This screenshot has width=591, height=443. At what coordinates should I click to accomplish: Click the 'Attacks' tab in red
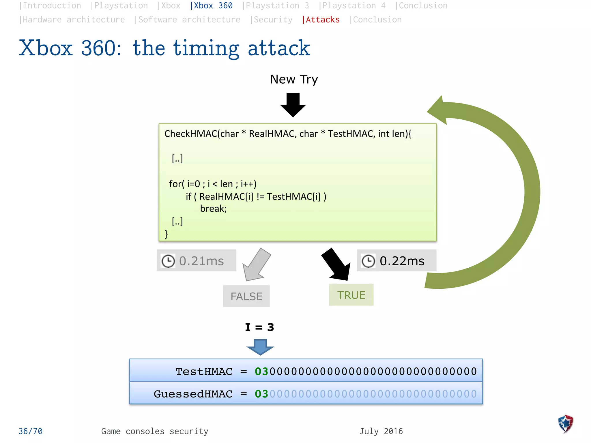321,20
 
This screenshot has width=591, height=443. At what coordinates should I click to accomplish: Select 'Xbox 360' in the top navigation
212,6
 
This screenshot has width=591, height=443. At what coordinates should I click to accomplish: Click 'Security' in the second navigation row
271,20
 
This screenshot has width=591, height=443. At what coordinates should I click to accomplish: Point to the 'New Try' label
294,79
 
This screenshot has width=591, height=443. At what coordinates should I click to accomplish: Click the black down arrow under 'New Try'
293,105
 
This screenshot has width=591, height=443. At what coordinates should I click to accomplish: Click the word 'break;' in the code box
213,209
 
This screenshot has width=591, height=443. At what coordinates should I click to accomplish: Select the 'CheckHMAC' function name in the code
190,134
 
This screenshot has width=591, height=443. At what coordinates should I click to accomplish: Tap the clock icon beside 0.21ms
168,261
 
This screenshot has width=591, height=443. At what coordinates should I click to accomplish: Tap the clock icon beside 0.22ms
368,261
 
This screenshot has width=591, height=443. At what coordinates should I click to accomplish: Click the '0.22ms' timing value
402,261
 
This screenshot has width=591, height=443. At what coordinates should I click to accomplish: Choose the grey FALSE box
246,296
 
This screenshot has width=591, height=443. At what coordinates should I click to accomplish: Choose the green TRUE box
351,295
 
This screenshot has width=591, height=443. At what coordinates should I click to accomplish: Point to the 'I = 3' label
259,327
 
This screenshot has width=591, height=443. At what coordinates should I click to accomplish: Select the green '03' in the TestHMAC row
261,371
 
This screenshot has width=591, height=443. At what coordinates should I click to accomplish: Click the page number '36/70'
31,431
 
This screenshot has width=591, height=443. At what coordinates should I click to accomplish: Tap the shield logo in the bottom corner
566,424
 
